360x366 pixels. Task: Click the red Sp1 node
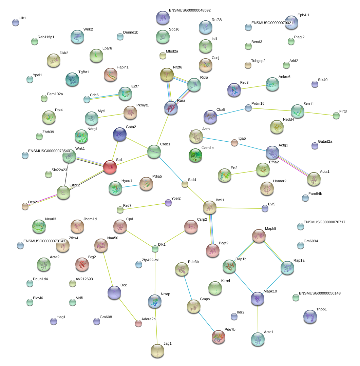click(110, 167)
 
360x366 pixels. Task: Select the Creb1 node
click(154, 151)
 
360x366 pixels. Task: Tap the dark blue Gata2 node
click(120, 134)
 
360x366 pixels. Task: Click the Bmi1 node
click(209, 207)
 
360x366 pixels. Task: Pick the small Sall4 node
click(185, 184)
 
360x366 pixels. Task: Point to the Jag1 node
click(157, 351)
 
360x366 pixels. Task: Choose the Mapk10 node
click(258, 299)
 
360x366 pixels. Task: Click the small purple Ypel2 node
click(168, 203)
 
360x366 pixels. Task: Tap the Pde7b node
click(218, 337)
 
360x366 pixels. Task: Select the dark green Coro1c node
click(195, 155)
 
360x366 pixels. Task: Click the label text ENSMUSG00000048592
click(190, 10)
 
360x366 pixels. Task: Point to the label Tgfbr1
click(84, 72)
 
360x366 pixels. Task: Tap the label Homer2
click(280, 181)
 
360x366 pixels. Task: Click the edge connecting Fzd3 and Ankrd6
click(253, 87)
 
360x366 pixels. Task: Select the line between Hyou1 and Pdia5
click(131, 186)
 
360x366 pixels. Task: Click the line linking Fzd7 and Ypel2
click(144, 206)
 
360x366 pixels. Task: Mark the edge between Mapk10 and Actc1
click(258, 319)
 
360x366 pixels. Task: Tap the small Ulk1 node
click(15, 23)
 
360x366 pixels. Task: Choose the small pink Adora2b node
click(138, 324)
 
